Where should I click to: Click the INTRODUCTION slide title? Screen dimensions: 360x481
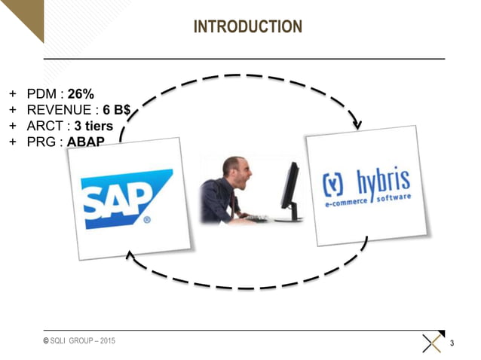[247, 27]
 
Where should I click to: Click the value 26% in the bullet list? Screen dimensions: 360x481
[81, 94]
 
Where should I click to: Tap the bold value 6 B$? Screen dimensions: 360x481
[117, 110]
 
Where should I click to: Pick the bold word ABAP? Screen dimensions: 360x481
[85, 142]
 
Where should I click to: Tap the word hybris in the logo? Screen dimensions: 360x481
[381, 182]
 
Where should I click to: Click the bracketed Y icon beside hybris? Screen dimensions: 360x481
[332, 185]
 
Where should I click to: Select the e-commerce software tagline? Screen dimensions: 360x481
[367, 201]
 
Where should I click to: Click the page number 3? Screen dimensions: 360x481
[452, 344]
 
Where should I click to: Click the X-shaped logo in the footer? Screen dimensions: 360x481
[432, 343]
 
